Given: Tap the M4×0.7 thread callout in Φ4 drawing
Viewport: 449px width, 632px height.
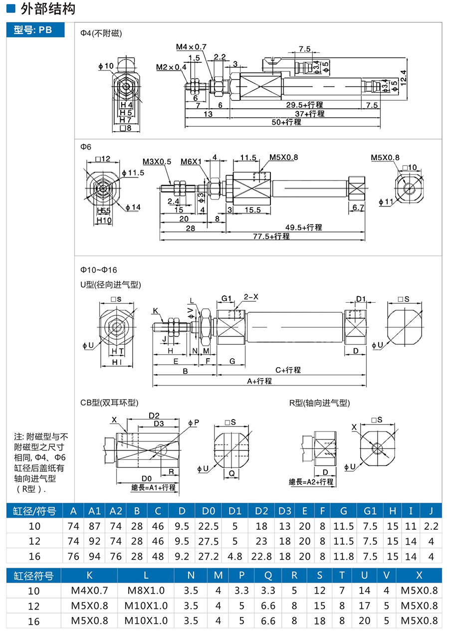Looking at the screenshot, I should click(191, 47).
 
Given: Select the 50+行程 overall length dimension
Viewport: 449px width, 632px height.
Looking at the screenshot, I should click(286, 122).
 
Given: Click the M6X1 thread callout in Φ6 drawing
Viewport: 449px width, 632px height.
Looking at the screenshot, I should click(191, 162).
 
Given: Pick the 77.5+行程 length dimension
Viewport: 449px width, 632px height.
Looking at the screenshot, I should click(271, 236).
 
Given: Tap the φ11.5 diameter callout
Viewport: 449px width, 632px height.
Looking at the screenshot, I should click(132, 173).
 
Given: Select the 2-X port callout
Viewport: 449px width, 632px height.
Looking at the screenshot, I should click(251, 297).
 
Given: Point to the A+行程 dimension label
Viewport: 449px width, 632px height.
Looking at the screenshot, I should click(259, 381).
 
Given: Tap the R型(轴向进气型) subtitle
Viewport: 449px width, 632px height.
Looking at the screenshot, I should click(320, 403).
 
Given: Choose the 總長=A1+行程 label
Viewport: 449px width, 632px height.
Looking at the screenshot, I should click(153, 487).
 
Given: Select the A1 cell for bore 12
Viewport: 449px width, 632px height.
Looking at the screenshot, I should click(95, 541).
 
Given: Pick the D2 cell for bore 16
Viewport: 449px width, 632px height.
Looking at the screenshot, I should click(261, 556).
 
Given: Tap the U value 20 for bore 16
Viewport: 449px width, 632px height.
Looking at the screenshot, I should click(365, 621).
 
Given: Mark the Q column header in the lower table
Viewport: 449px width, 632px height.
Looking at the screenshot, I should click(268, 575).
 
